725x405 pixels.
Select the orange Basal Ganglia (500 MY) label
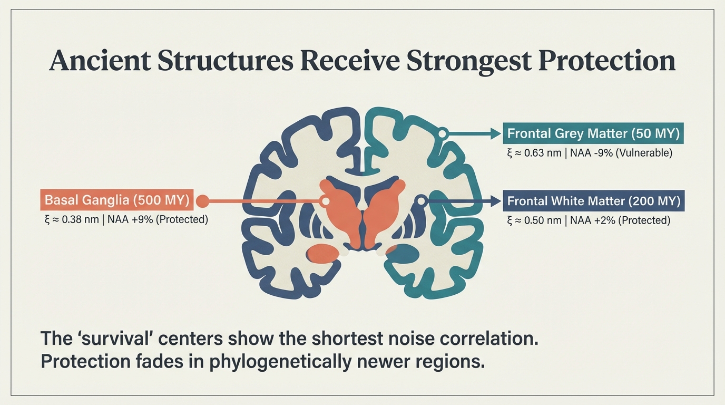click(x=117, y=200)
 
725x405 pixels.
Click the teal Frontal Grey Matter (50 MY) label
click(x=593, y=133)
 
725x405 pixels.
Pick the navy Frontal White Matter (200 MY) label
click(x=594, y=201)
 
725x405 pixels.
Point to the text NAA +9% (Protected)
click(x=158, y=219)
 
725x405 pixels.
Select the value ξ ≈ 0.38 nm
click(x=72, y=219)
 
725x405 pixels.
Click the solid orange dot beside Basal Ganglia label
click(x=203, y=200)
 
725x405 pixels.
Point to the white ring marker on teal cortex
click(x=443, y=134)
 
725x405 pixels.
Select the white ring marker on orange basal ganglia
click(x=326, y=201)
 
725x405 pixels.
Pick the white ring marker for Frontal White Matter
click(x=421, y=200)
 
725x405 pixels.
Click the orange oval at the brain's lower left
click(x=322, y=254)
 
